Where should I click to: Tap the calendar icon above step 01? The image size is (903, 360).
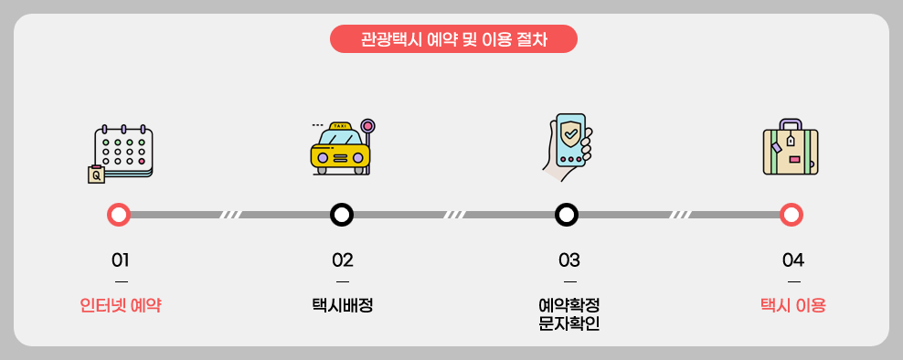[x=122, y=153]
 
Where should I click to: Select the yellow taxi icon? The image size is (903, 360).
[x=340, y=149]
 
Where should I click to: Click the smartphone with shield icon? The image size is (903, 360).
[x=567, y=147]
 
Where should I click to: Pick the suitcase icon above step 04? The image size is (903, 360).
[x=791, y=149]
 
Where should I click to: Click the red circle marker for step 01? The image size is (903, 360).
[x=119, y=215]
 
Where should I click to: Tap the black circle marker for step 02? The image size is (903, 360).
[x=342, y=215]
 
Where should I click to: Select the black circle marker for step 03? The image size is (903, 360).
[x=567, y=215]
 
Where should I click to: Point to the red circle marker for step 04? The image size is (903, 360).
[x=791, y=215]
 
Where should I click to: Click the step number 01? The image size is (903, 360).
[x=121, y=259]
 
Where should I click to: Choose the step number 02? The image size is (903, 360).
[x=343, y=259]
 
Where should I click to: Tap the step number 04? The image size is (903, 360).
[x=793, y=259]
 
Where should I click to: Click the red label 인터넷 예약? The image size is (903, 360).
[x=121, y=305]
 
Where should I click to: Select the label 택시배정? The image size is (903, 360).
[x=343, y=305]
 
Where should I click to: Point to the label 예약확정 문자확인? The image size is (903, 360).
[x=569, y=313]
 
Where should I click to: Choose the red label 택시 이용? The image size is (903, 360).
[x=793, y=305]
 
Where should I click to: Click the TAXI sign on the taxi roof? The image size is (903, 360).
[x=340, y=126]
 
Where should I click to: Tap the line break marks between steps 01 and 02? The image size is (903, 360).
[x=230, y=215]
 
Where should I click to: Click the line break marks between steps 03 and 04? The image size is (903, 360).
[x=680, y=215]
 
